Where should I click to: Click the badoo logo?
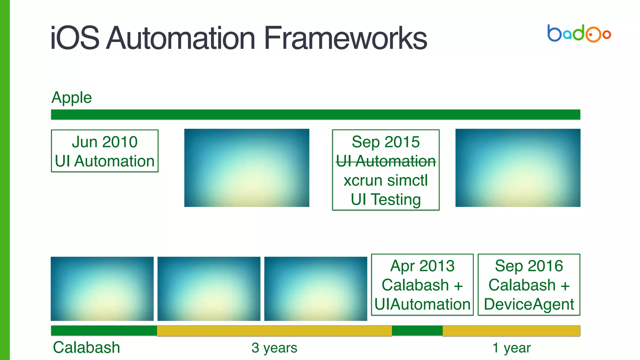(x=579, y=33)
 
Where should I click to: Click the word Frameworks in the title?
(x=345, y=38)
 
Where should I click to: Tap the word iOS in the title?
(x=75, y=38)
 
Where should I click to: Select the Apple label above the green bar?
(x=72, y=97)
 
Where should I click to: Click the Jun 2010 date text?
(x=105, y=142)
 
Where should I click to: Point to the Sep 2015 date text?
(x=386, y=142)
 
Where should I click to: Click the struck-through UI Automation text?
(x=386, y=161)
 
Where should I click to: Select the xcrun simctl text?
(x=386, y=180)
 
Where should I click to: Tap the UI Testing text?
(x=386, y=199)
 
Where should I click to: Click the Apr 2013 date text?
(x=422, y=266)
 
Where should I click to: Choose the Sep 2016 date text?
(x=529, y=266)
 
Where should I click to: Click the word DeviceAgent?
(x=529, y=304)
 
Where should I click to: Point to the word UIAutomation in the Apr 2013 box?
(x=422, y=304)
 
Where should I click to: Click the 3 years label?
(x=274, y=348)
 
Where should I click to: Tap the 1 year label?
(x=511, y=348)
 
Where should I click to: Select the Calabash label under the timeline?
(x=87, y=347)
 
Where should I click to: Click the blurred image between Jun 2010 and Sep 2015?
(x=247, y=168)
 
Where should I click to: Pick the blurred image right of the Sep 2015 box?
(x=518, y=168)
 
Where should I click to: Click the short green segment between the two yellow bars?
(x=417, y=331)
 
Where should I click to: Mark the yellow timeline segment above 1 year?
(x=511, y=331)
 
